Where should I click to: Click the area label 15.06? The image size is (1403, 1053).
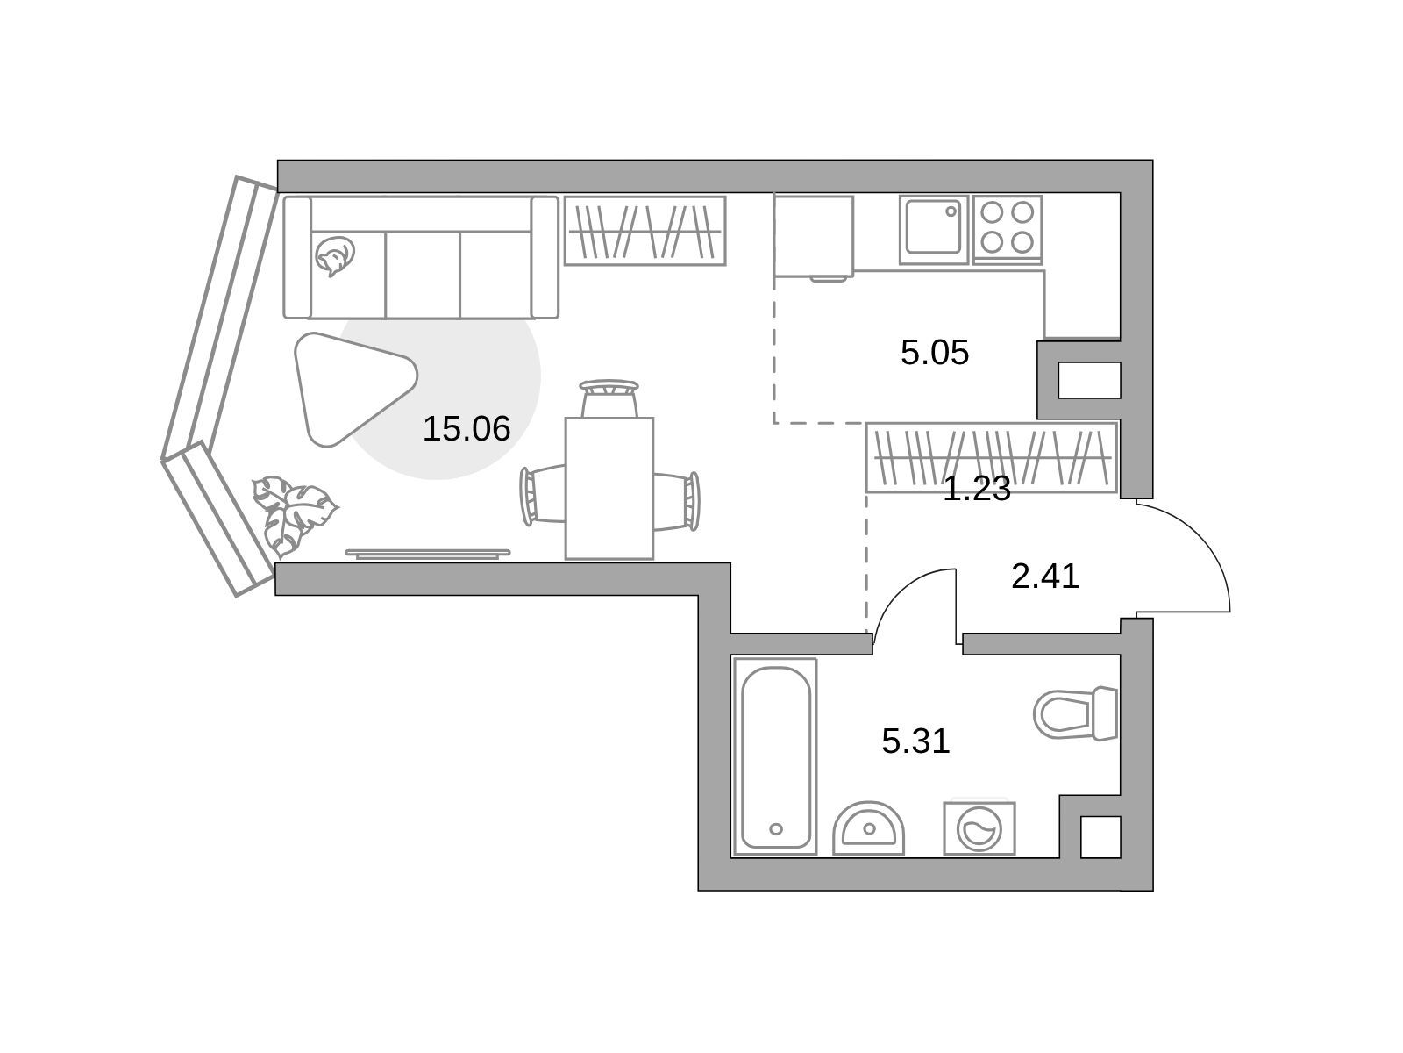coord(466,428)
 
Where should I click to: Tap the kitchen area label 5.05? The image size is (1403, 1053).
coord(935,352)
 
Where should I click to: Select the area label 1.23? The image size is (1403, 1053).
coord(977,489)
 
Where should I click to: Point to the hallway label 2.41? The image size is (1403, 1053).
coord(1045,576)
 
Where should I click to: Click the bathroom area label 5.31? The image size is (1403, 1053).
coord(915,741)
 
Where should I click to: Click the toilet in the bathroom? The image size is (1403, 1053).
coord(1075,713)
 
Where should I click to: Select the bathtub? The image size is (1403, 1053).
coord(775,756)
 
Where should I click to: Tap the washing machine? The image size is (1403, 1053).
coord(979,828)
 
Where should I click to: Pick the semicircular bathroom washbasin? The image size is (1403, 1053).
coord(868,828)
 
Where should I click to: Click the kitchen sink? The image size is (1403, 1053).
coord(934,230)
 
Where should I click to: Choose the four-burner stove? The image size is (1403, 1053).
coord(1008,230)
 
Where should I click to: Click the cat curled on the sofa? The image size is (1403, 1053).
coord(335,255)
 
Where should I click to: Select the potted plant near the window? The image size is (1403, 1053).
coord(293,515)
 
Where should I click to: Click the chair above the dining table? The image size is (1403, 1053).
coord(609,398)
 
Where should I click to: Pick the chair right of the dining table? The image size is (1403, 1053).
coord(676,501)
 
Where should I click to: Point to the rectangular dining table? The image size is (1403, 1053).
coord(609,489)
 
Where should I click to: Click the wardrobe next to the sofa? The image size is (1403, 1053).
coord(645,230)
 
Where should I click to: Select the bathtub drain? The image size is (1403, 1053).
coord(776,829)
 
